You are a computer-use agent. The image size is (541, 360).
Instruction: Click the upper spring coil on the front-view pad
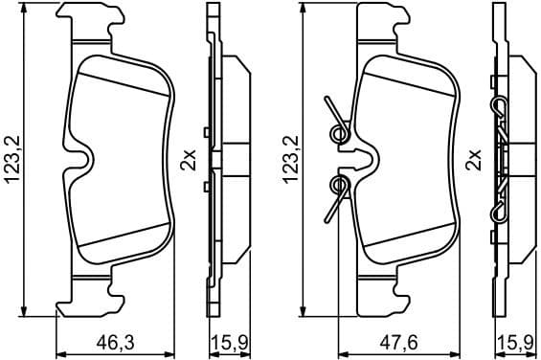pyautogui.click(x=337, y=132)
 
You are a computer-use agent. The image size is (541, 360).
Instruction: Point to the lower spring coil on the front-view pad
pyautogui.click(x=337, y=183)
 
